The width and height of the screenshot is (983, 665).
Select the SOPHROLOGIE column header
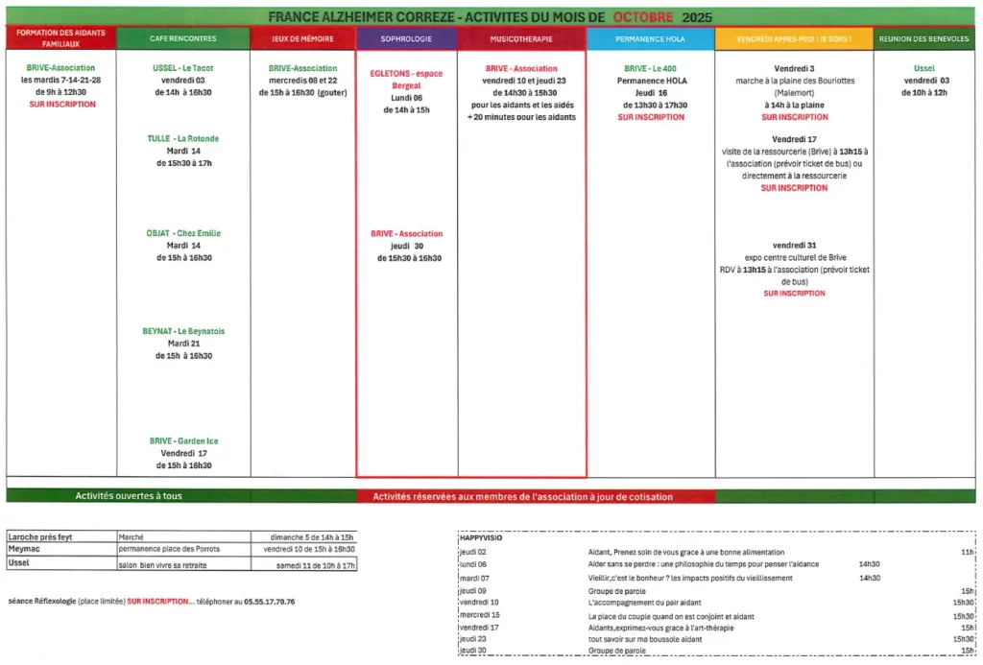tap(407, 38)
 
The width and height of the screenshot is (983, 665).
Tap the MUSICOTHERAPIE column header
tap(521, 38)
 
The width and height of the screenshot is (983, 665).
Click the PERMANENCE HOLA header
tap(650, 38)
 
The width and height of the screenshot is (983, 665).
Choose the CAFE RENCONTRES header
tap(182, 38)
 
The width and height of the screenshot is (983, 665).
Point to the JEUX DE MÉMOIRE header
tap(302, 38)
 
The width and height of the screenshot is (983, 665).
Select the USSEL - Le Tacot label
tap(182, 69)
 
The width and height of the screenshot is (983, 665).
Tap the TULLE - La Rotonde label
tap(182, 139)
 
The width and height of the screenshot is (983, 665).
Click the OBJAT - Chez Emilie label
tap(182, 233)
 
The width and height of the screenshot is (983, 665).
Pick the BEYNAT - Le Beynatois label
tap(182, 332)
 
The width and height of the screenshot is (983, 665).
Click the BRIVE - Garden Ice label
tap(183, 441)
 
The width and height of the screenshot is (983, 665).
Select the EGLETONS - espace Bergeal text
tap(406, 79)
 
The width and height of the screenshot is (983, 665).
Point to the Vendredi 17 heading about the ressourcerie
tap(794, 139)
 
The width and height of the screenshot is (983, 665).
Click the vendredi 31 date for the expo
tap(794, 246)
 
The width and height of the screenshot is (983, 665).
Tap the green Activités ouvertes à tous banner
tap(129, 496)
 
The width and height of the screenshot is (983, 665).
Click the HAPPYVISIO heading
tap(481, 538)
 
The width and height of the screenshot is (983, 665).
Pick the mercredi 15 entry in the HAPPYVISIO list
tap(480, 615)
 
